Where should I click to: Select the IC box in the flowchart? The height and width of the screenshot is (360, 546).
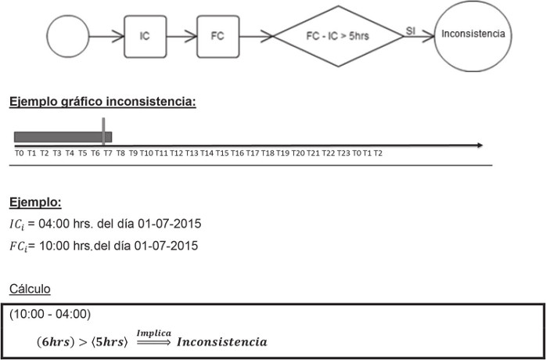coord(145,36)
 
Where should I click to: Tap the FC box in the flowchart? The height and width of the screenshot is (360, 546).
coord(217,36)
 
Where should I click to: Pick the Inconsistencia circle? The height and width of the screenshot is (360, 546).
coord(472,35)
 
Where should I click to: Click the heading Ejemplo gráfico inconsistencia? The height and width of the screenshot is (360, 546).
coord(102,103)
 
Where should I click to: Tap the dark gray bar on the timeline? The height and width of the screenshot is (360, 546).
coord(59,137)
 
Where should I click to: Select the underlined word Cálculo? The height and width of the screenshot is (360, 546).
coord(30,290)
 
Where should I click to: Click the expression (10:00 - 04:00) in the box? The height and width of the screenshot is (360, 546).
coord(51,315)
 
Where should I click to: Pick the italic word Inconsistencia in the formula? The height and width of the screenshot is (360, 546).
coord(221,342)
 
